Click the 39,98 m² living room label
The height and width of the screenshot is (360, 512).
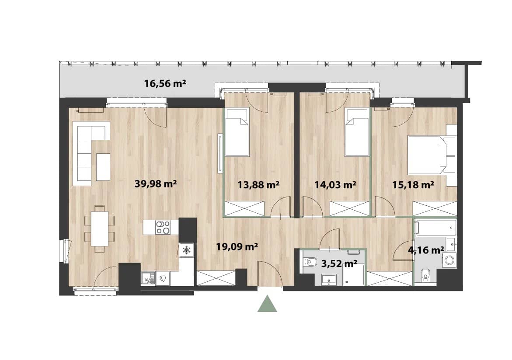pos(156,184)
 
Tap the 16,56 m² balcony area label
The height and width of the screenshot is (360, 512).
pos(165,83)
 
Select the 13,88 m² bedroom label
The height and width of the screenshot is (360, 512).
pos(258,185)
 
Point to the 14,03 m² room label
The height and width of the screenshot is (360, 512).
pos(335,185)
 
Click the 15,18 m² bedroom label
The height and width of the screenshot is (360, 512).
pos(413,185)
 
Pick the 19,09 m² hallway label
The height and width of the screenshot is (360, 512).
pos(237,246)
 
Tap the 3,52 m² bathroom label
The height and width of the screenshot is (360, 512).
pos(339,263)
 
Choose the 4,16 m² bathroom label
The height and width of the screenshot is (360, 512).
pos(426,250)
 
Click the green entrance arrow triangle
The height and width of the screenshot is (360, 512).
pos(267,304)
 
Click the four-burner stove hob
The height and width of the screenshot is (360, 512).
pos(163,227)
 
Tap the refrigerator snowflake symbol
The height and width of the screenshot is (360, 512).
pos(186,250)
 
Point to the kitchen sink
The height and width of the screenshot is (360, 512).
pos(149,279)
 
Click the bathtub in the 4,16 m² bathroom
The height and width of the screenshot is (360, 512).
pos(435,227)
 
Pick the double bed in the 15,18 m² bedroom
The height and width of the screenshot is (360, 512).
pos(427,155)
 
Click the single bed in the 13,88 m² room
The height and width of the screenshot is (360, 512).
pos(237,132)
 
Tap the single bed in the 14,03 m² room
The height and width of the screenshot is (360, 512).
pos(357,132)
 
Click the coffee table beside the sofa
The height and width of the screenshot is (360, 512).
pos(103,167)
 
